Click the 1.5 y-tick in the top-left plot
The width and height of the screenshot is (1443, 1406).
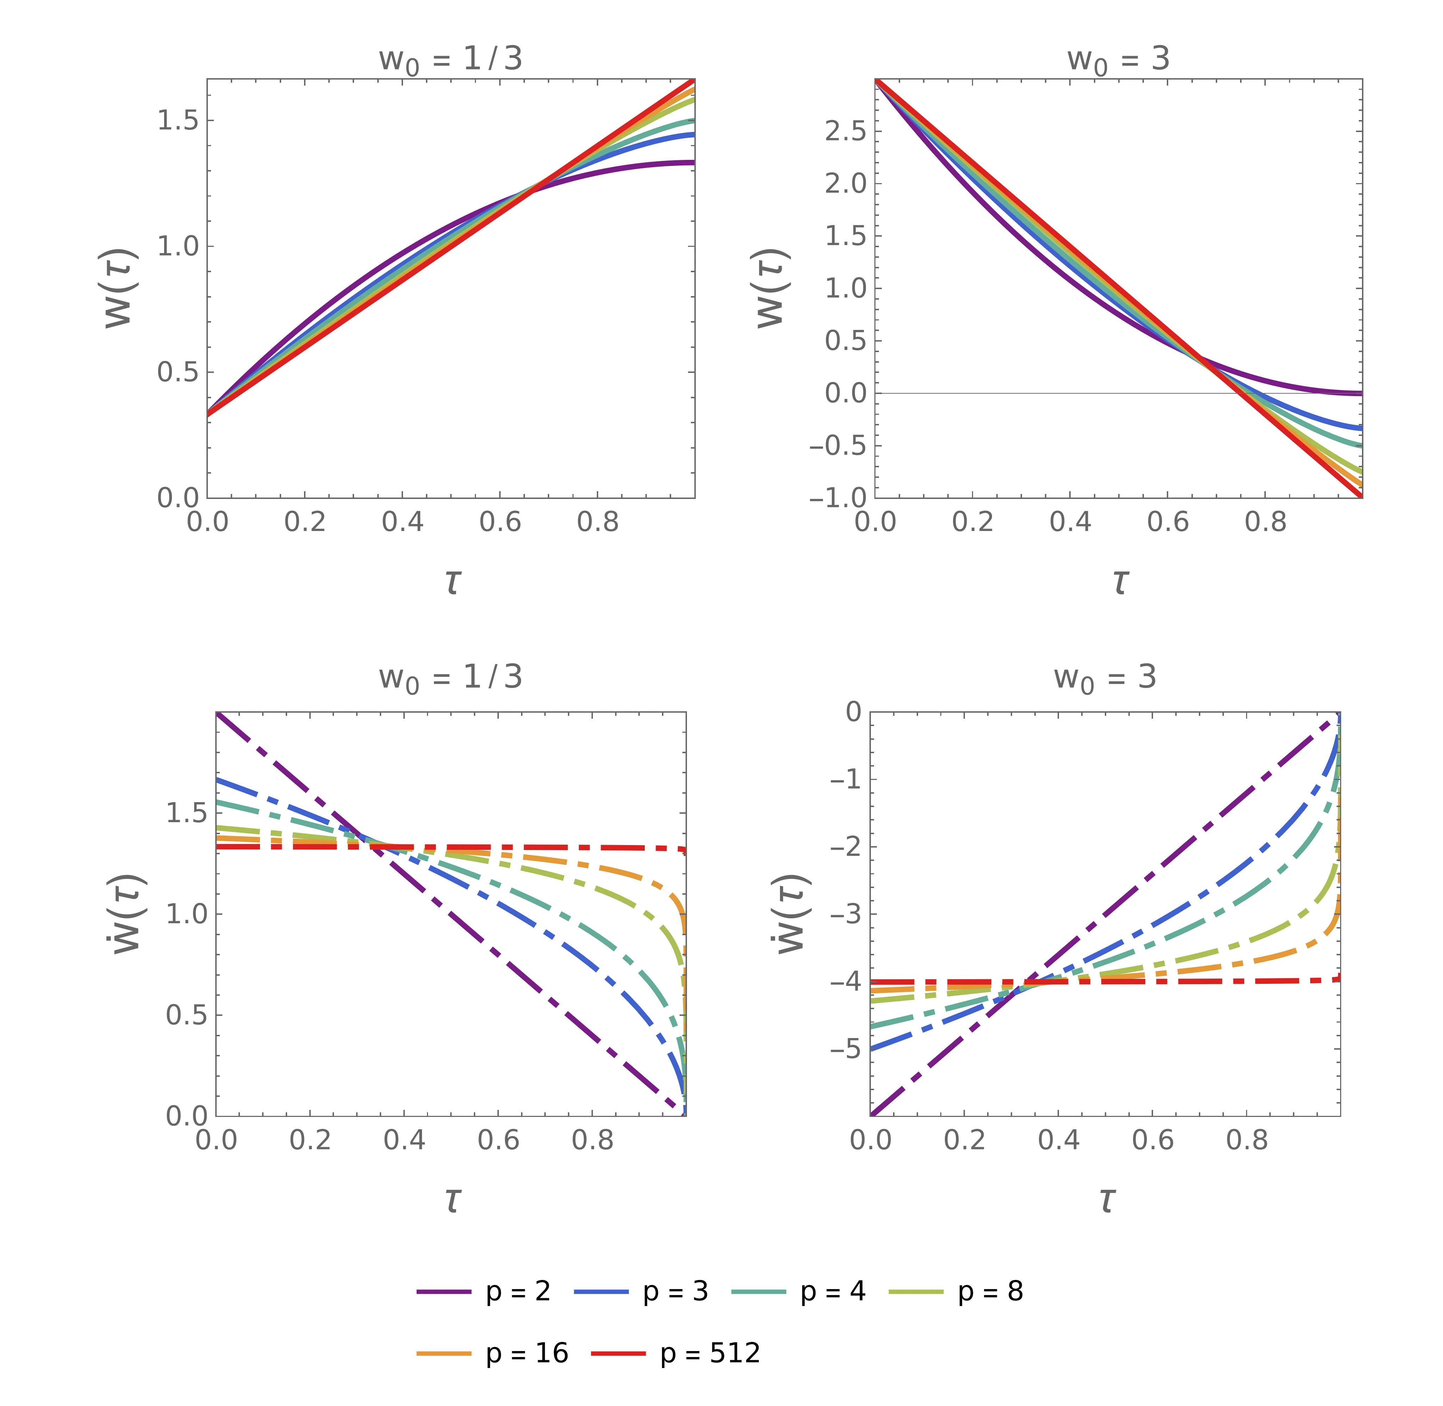click(178, 120)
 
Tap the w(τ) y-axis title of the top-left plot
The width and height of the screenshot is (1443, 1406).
click(118, 288)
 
